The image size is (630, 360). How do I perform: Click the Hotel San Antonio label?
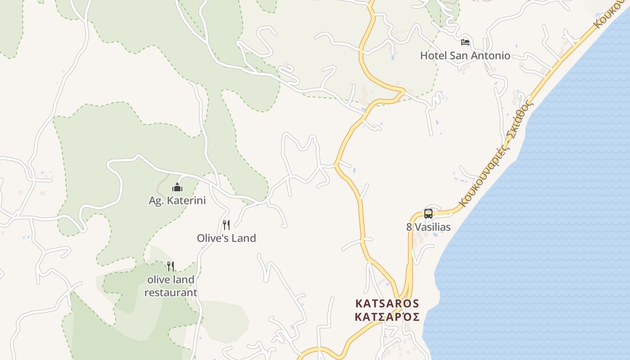(465, 56)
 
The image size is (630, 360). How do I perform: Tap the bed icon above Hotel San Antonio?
(465, 42)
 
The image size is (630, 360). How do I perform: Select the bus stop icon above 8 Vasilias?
(428, 214)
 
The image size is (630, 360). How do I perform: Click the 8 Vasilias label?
(428, 227)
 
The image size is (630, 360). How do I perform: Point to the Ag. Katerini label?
(177, 201)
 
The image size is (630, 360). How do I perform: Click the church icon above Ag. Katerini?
(177, 187)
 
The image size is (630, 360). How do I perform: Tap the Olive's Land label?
(226, 238)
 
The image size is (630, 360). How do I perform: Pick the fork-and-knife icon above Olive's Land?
(226, 225)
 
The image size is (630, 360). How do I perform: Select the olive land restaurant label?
(171, 286)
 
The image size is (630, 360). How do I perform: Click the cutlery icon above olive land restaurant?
(171, 266)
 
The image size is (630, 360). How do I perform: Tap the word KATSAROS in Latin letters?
(387, 304)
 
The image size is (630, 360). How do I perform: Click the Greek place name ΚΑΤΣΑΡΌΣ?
(387, 317)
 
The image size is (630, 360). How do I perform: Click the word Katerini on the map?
(185, 201)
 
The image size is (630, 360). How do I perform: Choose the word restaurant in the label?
(171, 293)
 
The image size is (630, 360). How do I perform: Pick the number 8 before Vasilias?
(409, 227)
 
